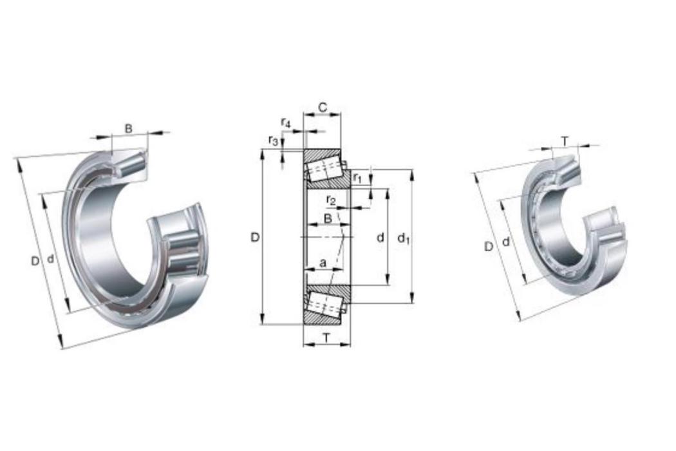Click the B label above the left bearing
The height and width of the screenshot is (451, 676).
[129, 128]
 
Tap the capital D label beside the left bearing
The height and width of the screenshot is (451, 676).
[35, 261]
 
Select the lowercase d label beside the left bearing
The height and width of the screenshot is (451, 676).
[50, 259]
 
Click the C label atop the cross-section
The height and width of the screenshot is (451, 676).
[323, 107]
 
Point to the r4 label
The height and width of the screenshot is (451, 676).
[286, 123]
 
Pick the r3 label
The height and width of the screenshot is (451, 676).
[274, 140]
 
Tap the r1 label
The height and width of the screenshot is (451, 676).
[357, 177]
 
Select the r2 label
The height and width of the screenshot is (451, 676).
[331, 200]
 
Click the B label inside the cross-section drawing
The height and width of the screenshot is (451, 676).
[328, 218]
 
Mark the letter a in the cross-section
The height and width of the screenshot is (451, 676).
[323, 262]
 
